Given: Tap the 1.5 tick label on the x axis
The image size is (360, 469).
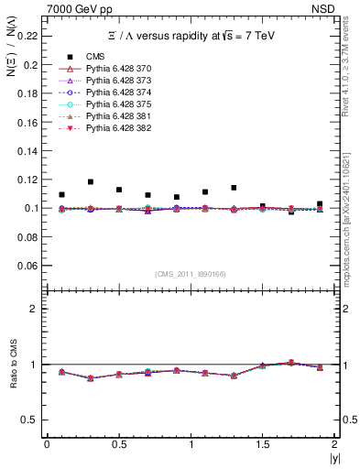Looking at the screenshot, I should point(263,443).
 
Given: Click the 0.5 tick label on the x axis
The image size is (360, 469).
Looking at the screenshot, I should point(118,443).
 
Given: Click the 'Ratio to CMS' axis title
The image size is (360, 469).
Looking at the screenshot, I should point(13,378).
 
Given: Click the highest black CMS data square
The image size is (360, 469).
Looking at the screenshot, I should point(90,182).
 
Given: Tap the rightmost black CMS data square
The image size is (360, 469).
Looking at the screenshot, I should point(320,204).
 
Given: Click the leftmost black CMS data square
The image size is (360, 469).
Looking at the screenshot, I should point(61,194).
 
